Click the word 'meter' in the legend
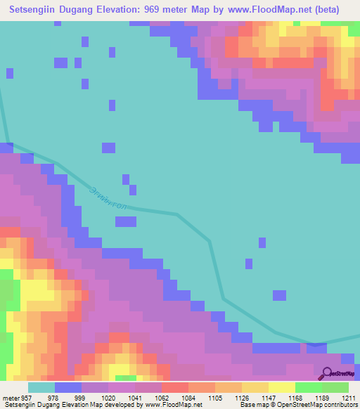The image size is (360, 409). (x=9, y=397)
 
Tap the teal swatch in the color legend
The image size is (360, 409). (x=41, y=387)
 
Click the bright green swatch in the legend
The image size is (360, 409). (x=309, y=387)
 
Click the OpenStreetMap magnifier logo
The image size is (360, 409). (x=328, y=373)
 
